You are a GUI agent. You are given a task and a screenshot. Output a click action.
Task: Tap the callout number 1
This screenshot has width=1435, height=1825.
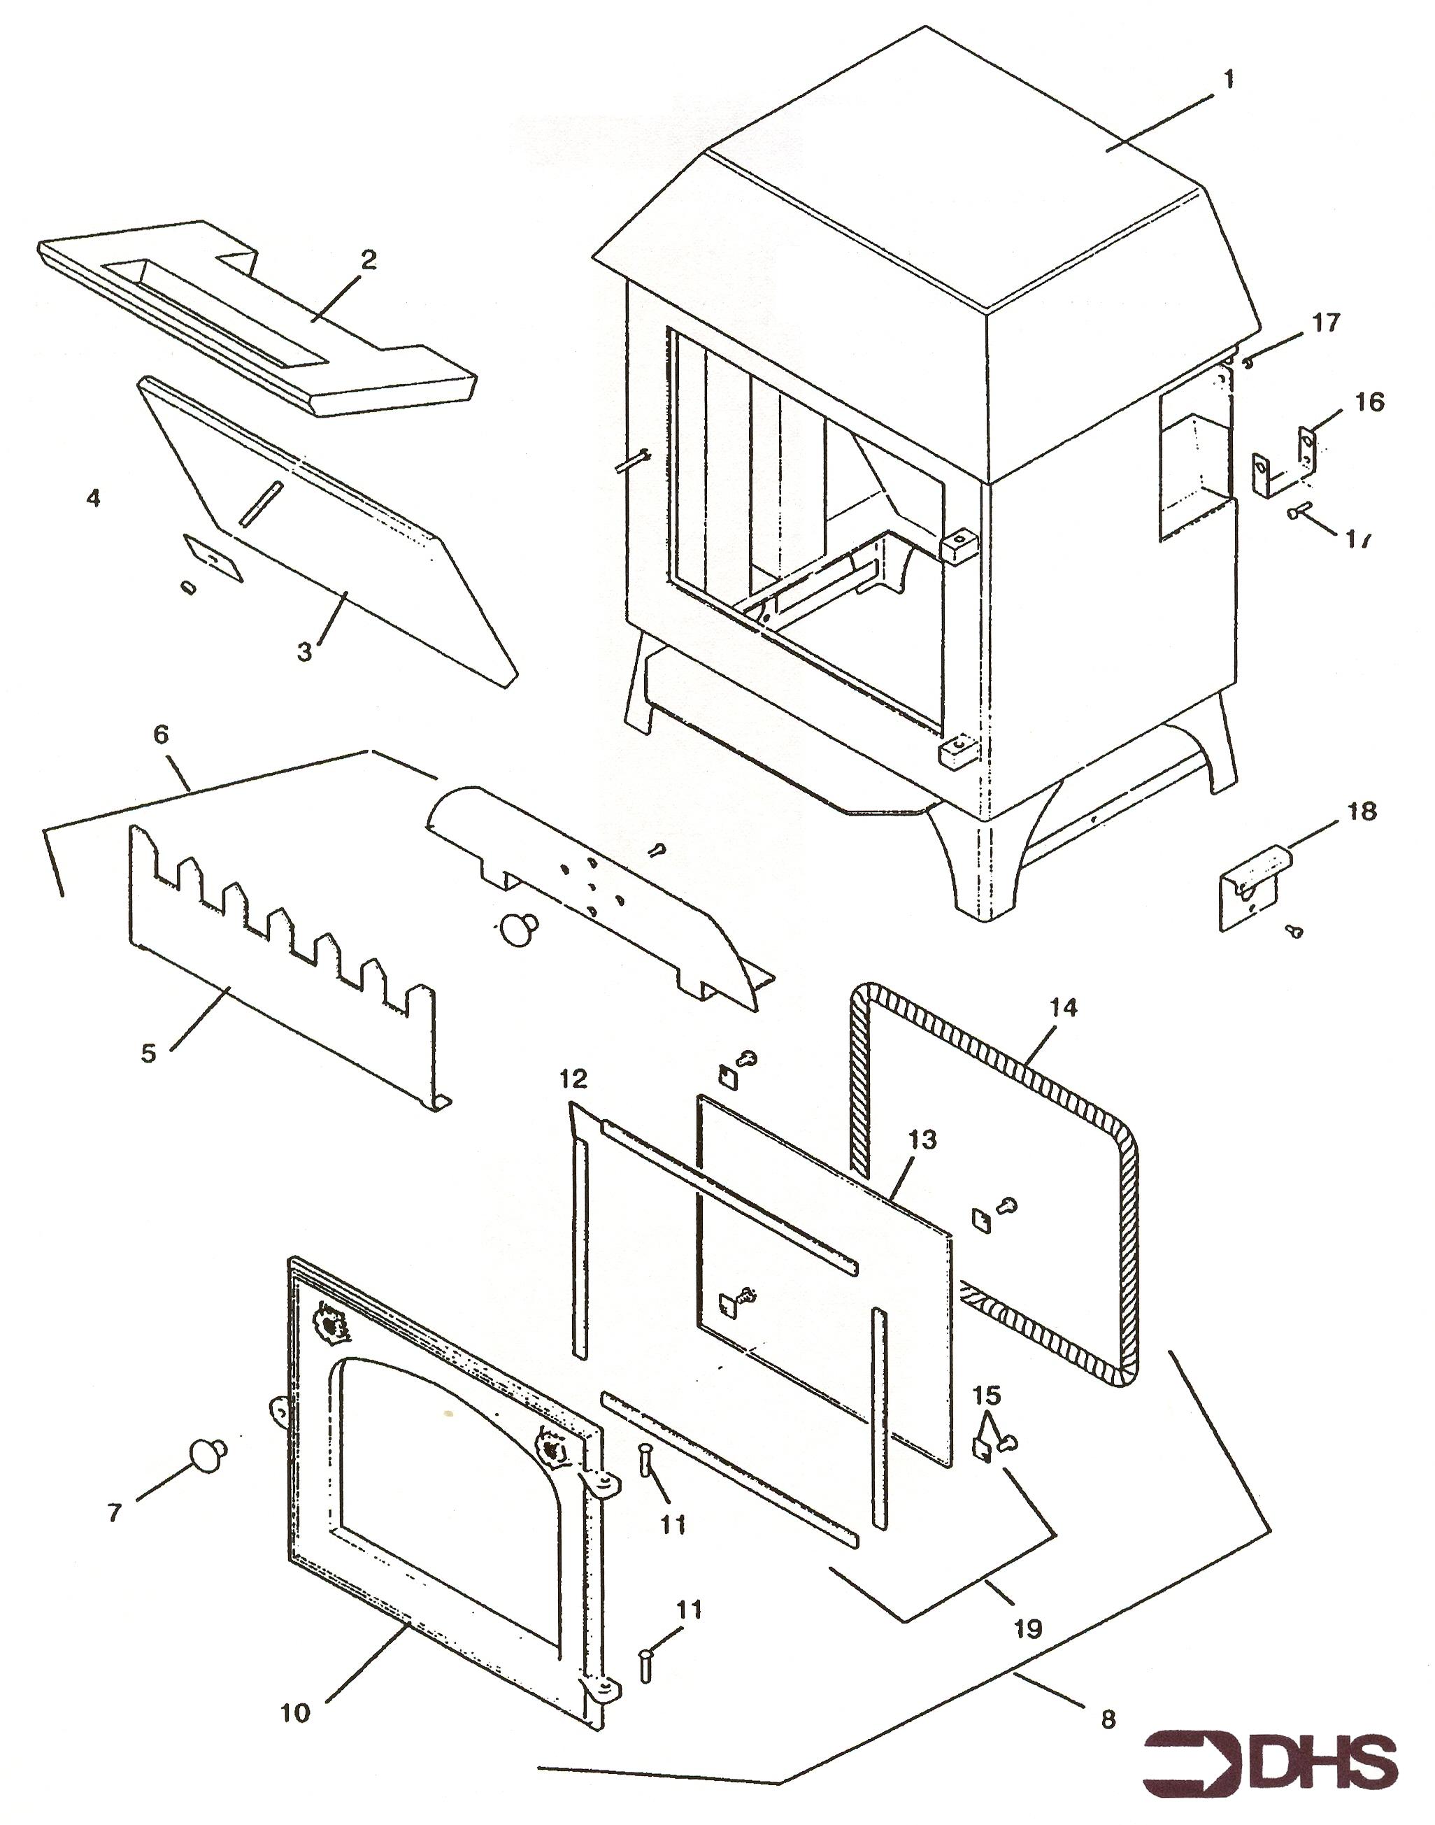(1227, 80)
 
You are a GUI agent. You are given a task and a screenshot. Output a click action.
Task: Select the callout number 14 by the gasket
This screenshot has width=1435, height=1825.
(1063, 1007)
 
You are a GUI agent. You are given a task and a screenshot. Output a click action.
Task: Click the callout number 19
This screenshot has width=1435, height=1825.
(1027, 1629)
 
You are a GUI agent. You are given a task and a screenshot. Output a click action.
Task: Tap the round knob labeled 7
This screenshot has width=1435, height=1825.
(207, 1453)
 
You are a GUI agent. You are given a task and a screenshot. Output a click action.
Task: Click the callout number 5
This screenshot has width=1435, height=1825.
(149, 1053)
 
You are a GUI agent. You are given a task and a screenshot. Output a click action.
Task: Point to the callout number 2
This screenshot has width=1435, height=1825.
(368, 260)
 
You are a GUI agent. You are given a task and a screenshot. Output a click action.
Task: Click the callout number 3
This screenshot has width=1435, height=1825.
(304, 651)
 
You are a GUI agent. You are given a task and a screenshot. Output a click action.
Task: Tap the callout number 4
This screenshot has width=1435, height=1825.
(93, 498)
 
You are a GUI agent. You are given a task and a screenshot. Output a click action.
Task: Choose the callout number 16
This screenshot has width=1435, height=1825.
(1369, 402)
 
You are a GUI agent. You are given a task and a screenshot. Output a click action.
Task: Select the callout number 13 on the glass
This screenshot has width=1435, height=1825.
(922, 1140)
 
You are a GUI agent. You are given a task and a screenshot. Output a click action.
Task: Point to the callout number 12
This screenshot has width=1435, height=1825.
(575, 1078)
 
